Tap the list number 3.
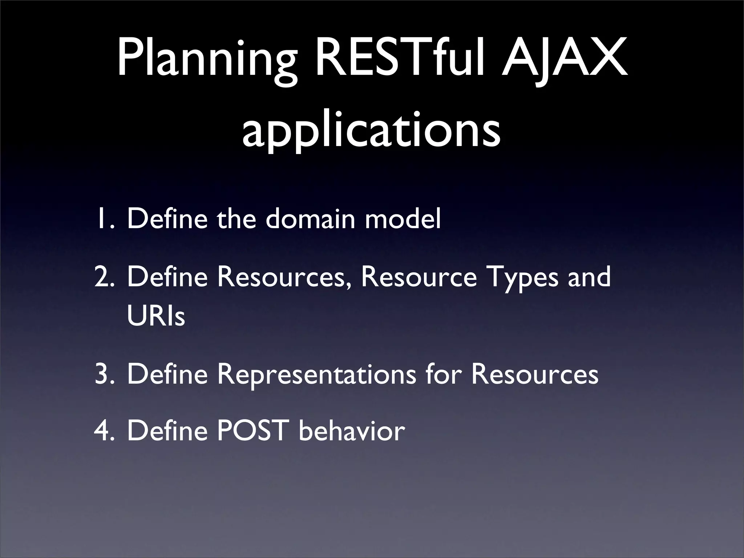pos(105,374)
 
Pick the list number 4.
pos(105,431)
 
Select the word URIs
pos(156,316)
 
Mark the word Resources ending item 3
pos(534,374)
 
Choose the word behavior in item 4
pos(352,431)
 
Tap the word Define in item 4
pos(167,431)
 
